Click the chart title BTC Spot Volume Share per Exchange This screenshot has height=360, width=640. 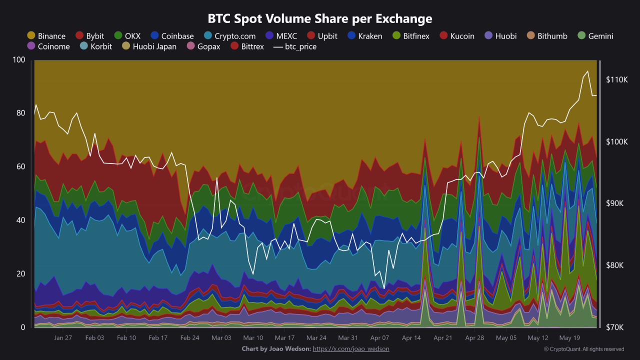(x=320, y=18)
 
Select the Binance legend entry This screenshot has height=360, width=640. (x=46, y=36)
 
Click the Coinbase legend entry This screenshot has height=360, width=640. (x=172, y=36)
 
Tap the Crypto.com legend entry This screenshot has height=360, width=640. (x=229, y=36)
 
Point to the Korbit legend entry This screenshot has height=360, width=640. (x=96, y=46)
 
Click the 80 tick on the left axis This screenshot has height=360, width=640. (x=20, y=113)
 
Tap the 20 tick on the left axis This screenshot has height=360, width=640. (x=20, y=273)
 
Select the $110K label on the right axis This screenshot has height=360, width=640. (x=616, y=80)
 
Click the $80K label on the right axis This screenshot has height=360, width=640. (x=616, y=265)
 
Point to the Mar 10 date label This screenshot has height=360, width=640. (x=253, y=338)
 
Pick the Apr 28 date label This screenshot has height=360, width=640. (x=475, y=338)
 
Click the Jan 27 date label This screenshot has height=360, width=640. (x=63, y=338)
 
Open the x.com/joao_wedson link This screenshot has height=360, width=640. (x=351, y=348)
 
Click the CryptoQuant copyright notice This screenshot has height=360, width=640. (x=583, y=349)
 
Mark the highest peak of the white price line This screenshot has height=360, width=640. (x=587, y=71)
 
